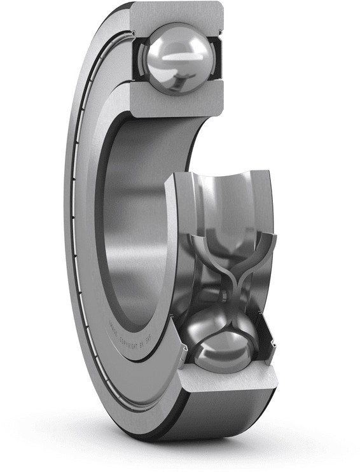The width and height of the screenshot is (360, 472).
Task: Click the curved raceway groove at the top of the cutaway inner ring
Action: coord(219,197)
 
